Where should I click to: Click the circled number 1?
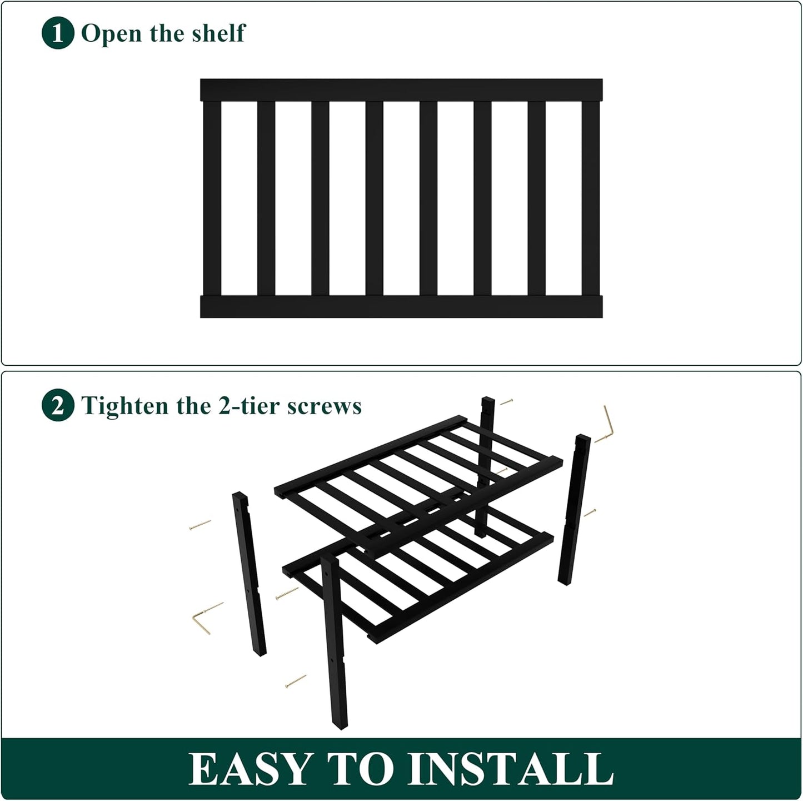click(58, 34)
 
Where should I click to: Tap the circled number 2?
click(58, 406)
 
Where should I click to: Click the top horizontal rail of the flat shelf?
click(401, 90)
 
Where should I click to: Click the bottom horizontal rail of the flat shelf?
click(401, 306)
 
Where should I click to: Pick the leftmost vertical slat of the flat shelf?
click(212, 198)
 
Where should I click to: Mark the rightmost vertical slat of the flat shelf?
click(591, 198)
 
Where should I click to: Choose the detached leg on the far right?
click(574, 509)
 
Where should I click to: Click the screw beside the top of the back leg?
click(506, 401)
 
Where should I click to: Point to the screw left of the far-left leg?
click(200, 525)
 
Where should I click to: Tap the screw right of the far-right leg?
click(590, 513)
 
